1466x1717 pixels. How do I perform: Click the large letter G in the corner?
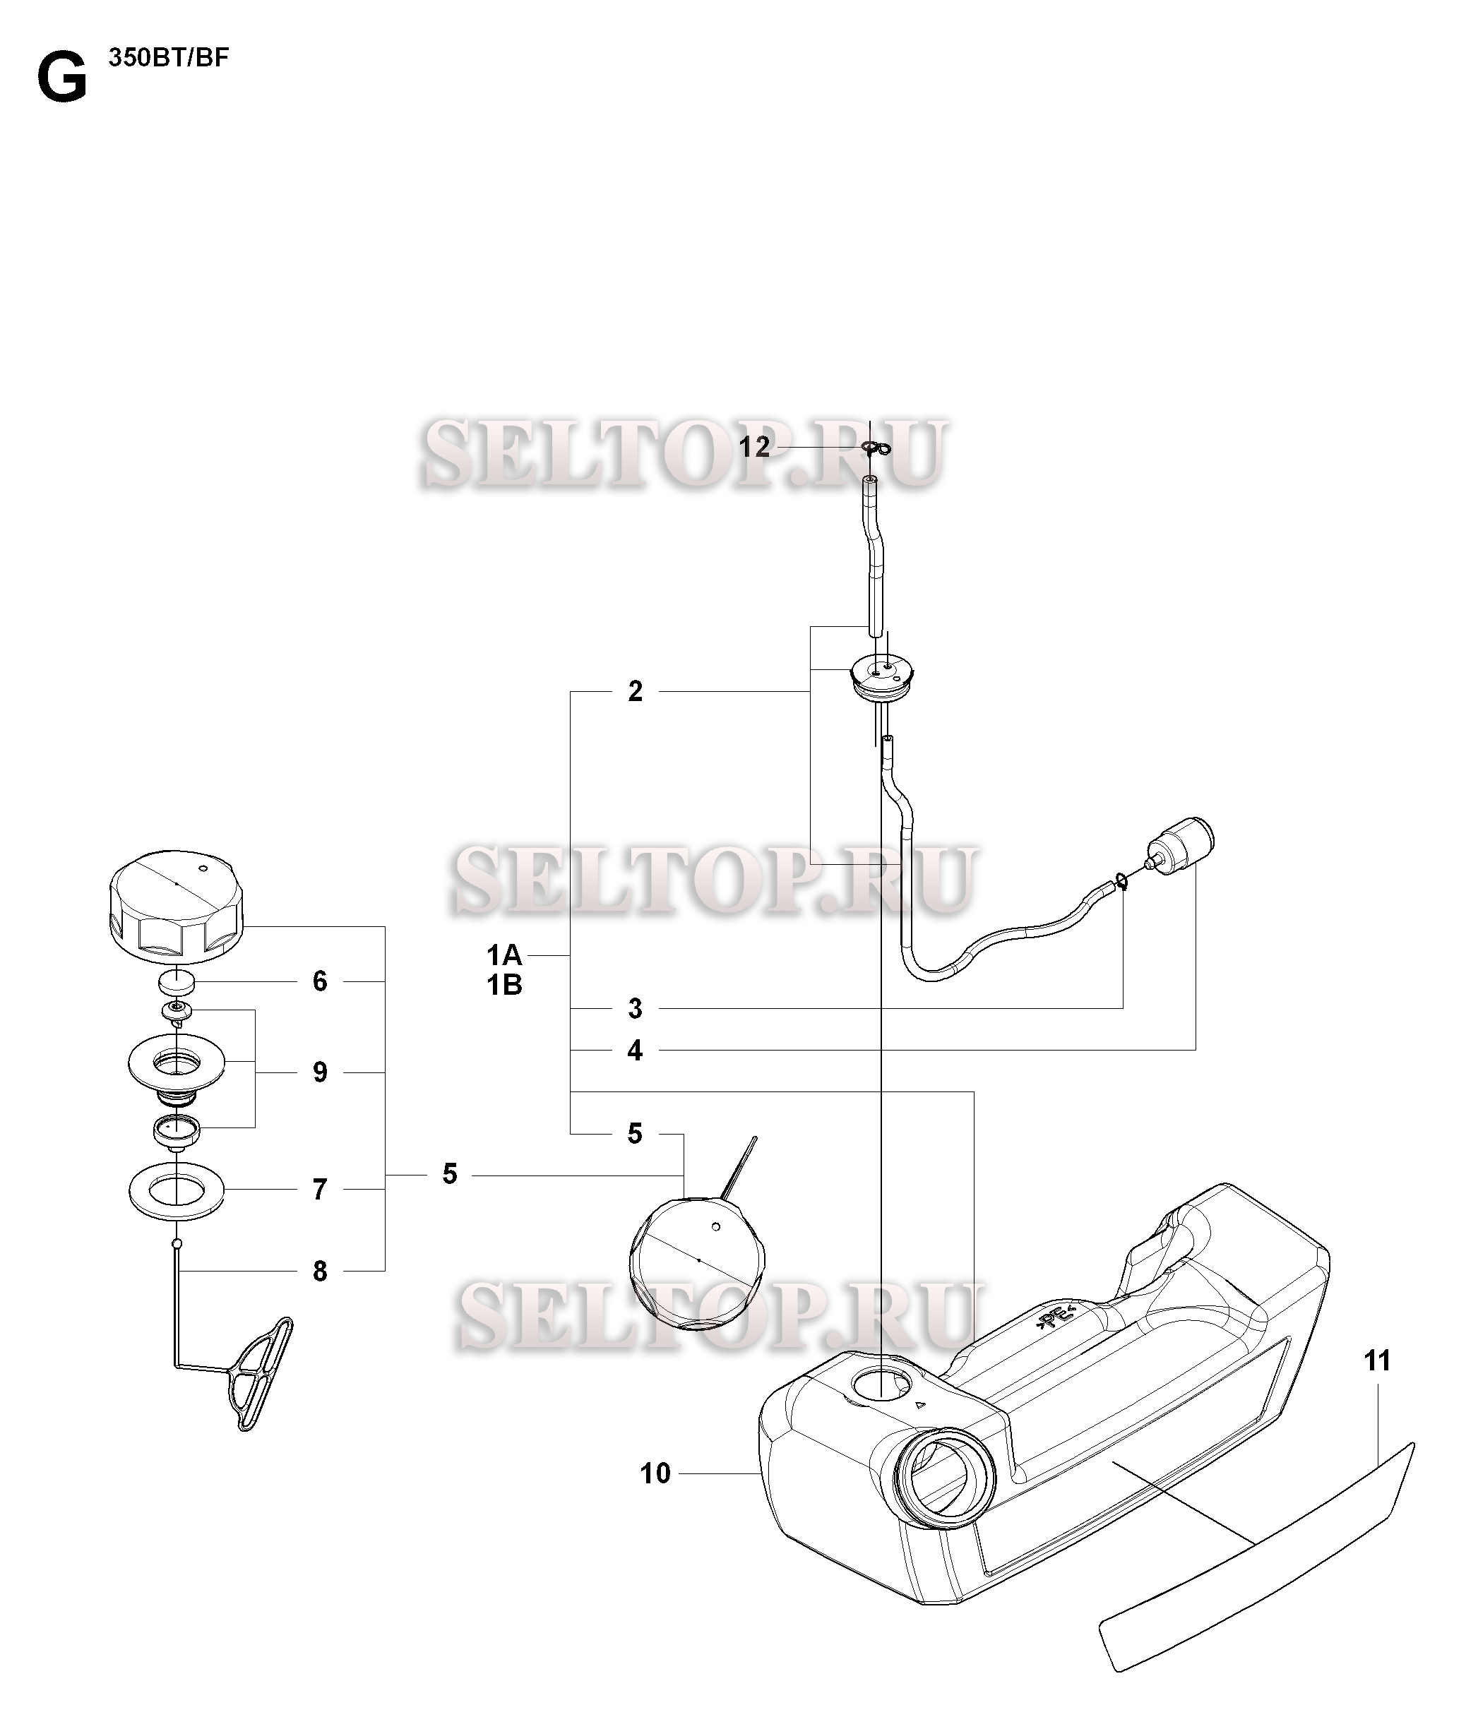pyautogui.click(x=62, y=79)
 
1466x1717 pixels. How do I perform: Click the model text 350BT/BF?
pyautogui.click(x=167, y=59)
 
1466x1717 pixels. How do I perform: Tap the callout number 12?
pyautogui.click(x=754, y=448)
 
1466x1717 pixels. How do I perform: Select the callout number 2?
pyautogui.click(x=635, y=691)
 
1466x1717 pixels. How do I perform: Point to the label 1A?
pyautogui.click(x=504, y=957)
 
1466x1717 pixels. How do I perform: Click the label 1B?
pyautogui.click(x=504, y=986)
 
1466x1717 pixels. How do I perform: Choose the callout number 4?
pyautogui.click(x=635, y=1051)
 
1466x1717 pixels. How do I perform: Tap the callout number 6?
pyautogui.click(x=320, y=981)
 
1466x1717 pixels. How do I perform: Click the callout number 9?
pyautogui.click(x=320, y=1072)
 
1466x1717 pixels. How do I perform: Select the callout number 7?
pyautogui.click(x=320, y=1190)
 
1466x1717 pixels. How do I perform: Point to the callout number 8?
pyautogui.click(x=320, y=1272)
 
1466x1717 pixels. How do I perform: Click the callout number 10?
pyautogui.click(x=655, y=1473)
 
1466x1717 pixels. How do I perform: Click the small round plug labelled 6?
pyautogui.click(x=177, y=982)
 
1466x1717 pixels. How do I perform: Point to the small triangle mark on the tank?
pyautogui.click(x=918, y=1406)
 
